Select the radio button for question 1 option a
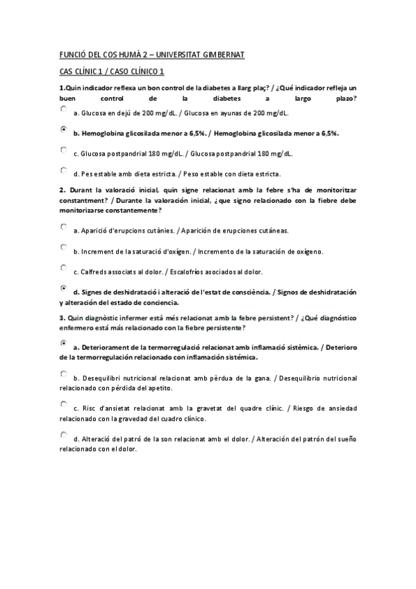pos(63,109)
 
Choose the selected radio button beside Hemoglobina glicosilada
pos(63,129)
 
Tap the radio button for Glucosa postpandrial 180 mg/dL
pos(63,149)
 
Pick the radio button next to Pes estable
pos(63,170)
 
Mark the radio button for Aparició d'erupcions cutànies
pos(63,226)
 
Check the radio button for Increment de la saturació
pos(63,247)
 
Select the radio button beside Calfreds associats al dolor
pos(63,267)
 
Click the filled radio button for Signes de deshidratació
pos(63,288)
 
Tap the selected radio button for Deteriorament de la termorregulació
pos(63,343)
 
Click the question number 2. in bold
pos(62,190)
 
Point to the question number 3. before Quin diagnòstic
pos(62,317)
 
